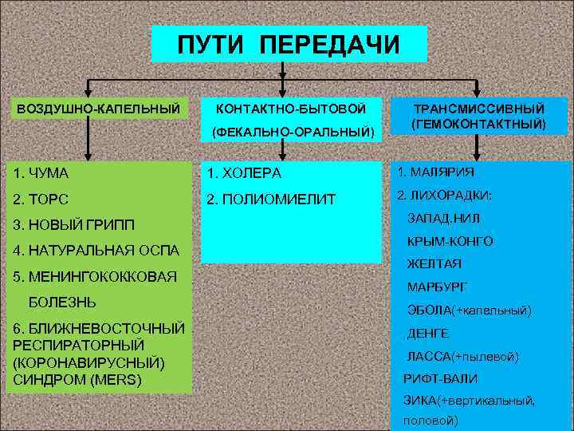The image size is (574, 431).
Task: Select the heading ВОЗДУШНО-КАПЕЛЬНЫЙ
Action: [x=97, y=107]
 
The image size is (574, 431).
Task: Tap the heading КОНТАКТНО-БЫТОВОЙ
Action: [x=291, y=107]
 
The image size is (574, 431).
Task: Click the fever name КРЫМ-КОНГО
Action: [x=450, y=241]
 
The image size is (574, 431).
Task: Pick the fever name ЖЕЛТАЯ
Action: [x=434, y=263]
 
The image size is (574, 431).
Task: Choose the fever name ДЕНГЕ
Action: [x=428, y=333]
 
